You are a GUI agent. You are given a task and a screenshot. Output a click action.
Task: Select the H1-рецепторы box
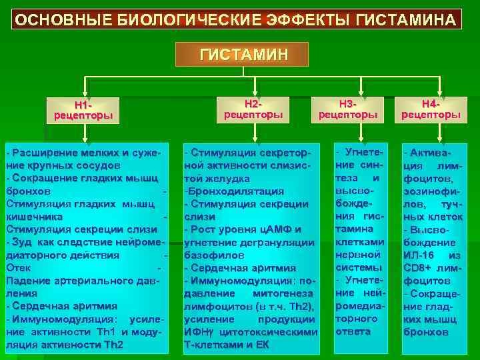(x=83, y=110)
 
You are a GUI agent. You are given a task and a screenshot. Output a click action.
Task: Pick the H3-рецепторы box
(x=348, y=109)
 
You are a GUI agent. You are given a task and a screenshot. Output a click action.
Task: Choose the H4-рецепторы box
(x=431, y=109)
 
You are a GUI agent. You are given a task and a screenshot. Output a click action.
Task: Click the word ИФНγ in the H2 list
(x=198, y=331)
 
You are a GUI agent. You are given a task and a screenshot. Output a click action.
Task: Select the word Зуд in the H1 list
(x=23, y=242)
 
